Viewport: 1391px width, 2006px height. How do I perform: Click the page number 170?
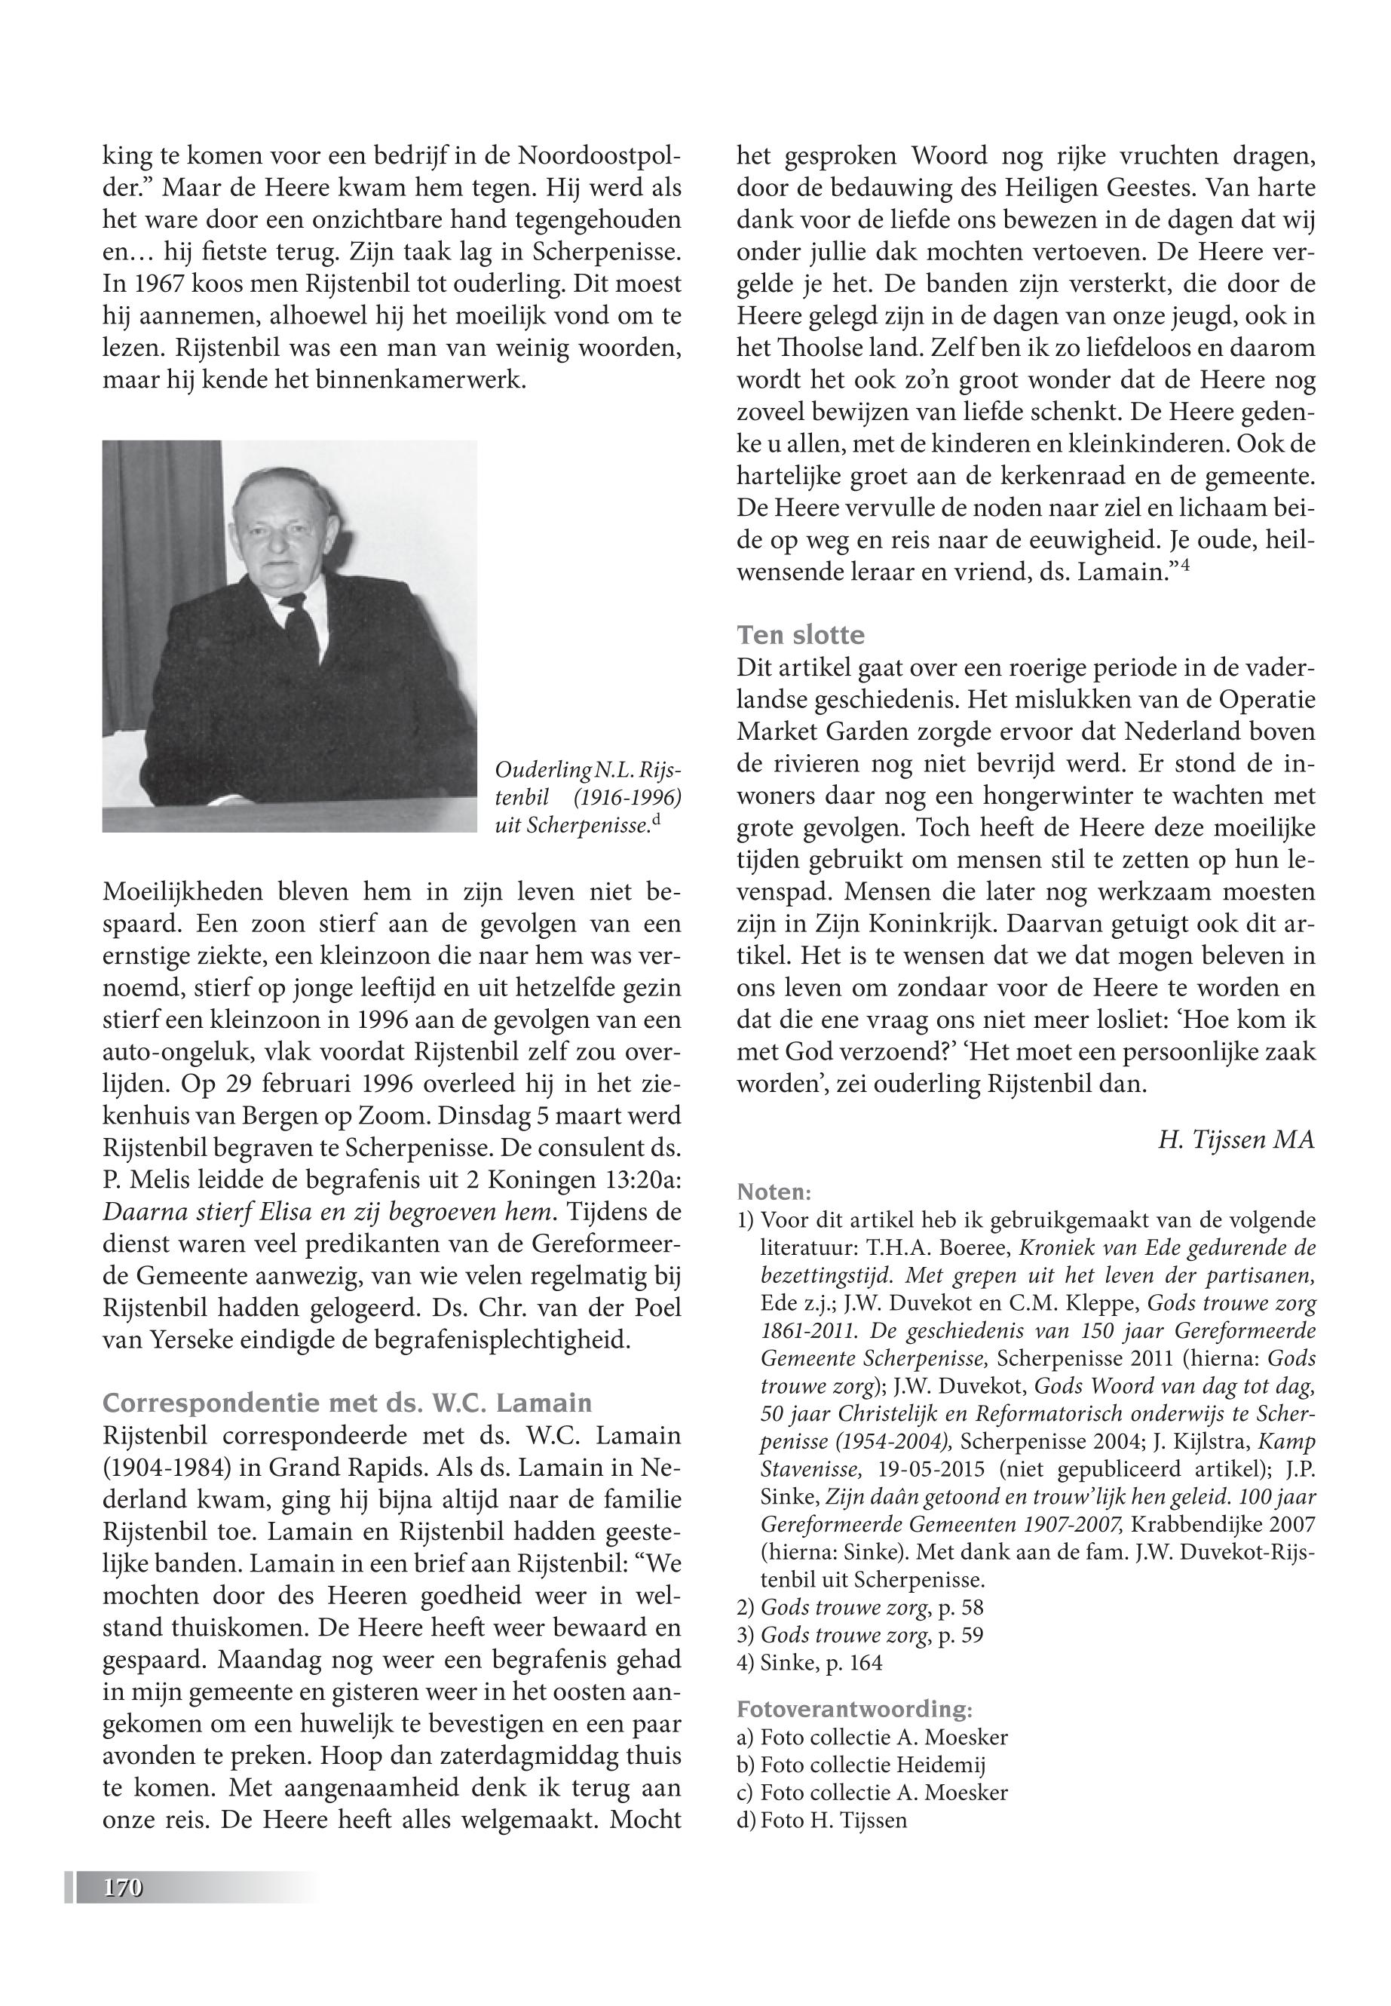(123, 1888)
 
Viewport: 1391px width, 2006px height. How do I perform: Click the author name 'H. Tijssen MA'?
(1236, 1139)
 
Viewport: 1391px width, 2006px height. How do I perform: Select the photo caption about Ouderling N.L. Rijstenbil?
(587, 798)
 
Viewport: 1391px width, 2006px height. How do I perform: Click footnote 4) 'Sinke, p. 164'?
(810, 1664)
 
